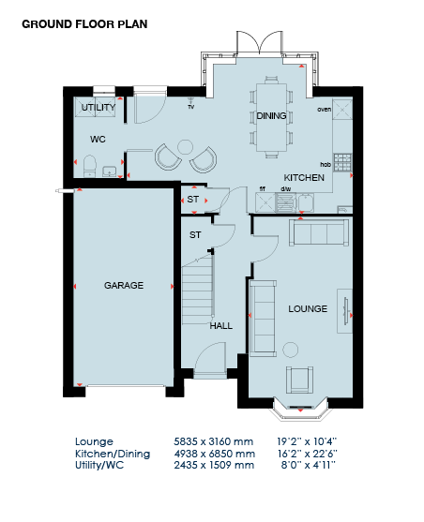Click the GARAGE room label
124,285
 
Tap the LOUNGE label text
308,309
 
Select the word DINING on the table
271,116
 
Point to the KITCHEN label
304,178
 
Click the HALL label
221,325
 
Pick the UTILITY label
98,107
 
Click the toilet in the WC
89,166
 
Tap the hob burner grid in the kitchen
342,162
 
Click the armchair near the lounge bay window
299,380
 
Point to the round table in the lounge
291,350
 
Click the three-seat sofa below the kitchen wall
319,232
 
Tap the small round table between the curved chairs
185,146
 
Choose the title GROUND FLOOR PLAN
84,24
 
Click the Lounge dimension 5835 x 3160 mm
213,441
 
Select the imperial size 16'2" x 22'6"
308,454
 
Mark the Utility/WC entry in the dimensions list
99,465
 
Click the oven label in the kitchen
324,110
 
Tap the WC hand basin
109,172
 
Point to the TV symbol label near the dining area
191,107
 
